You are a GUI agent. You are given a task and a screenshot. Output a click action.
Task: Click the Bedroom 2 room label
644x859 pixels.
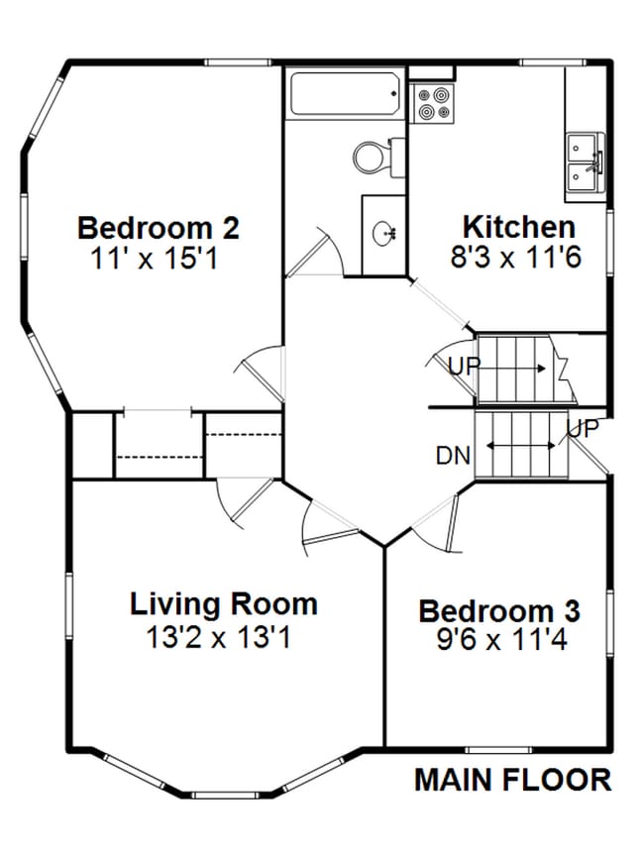click(158, 228)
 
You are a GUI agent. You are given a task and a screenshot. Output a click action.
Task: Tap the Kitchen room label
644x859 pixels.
click(517, 226)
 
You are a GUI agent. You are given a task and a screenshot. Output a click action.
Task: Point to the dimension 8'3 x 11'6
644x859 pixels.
click(515, 258)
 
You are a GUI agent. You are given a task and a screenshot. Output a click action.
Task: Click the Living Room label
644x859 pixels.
click(224, 603)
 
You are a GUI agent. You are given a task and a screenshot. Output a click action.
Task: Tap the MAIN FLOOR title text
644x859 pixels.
click(512, 780)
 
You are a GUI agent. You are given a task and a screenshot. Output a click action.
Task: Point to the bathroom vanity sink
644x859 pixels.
click(384, 234)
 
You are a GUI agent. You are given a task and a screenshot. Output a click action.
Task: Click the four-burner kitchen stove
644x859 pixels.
click(432, 102)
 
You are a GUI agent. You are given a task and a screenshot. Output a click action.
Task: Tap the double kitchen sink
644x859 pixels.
click(583, 162)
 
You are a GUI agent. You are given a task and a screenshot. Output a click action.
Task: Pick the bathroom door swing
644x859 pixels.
click(319, 253)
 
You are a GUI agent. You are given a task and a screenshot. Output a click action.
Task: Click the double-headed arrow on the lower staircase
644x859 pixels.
click(521, 446)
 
